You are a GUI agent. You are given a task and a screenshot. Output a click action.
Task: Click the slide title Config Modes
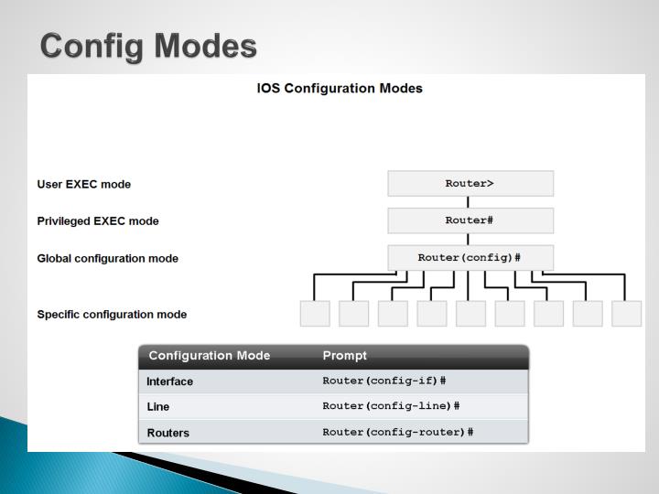point(148,45)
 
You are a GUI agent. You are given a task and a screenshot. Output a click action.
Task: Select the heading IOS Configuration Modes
point(340,89)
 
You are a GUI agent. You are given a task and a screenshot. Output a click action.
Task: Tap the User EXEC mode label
point(83,184)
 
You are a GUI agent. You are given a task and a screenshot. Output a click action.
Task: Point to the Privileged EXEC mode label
point(98,221)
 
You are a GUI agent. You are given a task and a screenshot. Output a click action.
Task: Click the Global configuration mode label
point(107,259)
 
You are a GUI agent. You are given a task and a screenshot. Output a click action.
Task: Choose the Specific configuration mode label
point(112,315)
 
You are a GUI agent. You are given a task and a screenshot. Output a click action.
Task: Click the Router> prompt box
point(470,184)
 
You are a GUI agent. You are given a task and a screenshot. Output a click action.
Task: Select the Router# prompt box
point(470,220)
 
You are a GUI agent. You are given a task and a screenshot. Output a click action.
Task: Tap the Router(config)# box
point(470,258)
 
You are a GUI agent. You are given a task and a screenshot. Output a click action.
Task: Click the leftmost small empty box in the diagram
point(315,314)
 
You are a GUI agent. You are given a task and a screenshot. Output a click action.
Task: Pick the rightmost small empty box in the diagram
point(627,314)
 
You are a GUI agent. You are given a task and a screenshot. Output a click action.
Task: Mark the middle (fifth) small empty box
point(470,314)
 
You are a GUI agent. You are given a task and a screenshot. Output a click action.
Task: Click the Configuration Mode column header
point(210,356)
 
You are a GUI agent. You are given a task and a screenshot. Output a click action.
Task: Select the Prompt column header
point(345,356)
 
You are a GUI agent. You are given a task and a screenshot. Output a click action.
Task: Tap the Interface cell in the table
point(170,381)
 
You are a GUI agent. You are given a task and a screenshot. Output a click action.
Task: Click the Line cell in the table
point(158,407)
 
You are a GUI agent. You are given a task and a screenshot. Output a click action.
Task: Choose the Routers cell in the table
point(168,433)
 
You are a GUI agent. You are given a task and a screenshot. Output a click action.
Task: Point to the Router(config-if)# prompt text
point(384,381)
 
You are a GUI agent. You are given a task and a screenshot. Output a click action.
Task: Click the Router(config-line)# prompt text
point(391,406)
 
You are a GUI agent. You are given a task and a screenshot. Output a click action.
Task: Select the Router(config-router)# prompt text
point(398,432)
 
